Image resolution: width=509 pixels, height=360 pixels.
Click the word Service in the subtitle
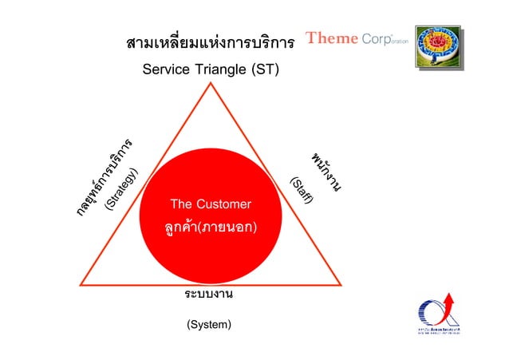[x=166, y=70]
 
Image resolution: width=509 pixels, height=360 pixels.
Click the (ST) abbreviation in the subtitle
[x=266, y=70]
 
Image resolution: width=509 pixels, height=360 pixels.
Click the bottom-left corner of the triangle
[x=81, y=285]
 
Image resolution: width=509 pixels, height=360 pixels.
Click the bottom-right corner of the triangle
[x=344, y=285]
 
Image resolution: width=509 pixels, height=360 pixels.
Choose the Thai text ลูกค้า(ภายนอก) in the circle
[x=211, y=228]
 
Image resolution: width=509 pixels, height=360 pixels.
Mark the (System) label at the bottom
[x=209, y=325]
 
